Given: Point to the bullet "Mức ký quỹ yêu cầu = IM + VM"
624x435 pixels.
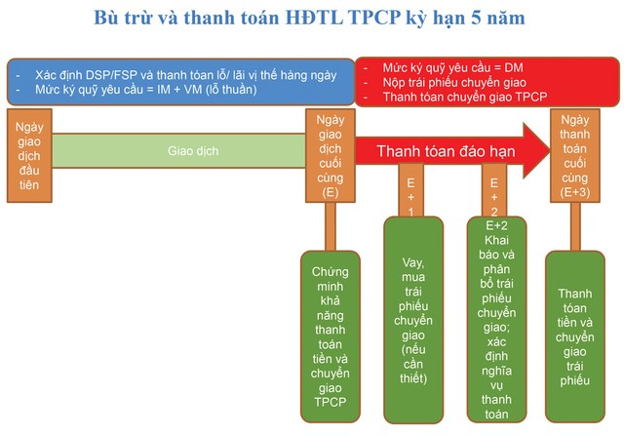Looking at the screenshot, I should tap(146, 90).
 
